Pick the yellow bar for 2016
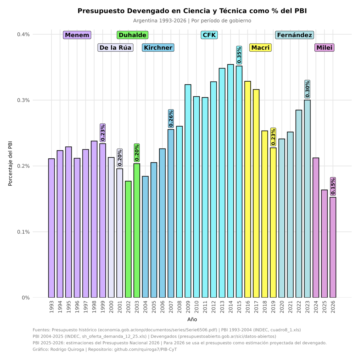coord(247,189)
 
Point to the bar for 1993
coord(52,228)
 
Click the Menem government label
coord(77,35)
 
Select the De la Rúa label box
coord(115,48)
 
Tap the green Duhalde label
coord(133,35)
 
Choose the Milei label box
coord(324,48)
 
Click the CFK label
coord(209,35)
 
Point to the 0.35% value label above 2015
coord(239,55)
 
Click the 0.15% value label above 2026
coord(333,186)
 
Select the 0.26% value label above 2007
coord(171,118)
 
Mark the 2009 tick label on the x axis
coord(188,307)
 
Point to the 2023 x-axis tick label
coord(307,307)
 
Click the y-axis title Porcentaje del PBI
coord(10,163)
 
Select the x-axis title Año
coord(192,319)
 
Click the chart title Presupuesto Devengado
coord(192,11)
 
